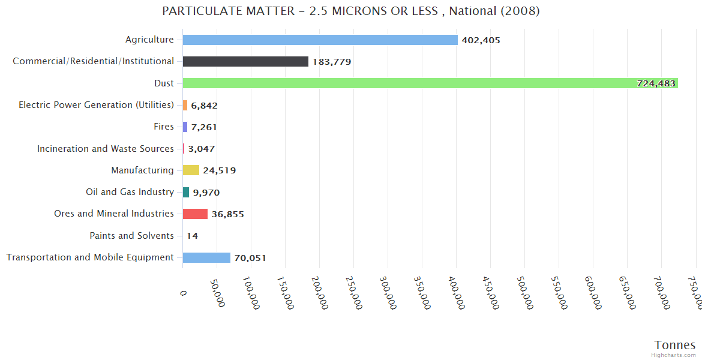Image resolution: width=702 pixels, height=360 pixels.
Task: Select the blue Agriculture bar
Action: click(320, 40)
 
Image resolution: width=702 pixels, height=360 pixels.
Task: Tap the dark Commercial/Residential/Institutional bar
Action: click(245, 62)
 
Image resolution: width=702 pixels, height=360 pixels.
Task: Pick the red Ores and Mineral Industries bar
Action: click(195, 214)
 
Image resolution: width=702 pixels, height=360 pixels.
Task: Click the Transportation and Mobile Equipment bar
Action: click(206, 257)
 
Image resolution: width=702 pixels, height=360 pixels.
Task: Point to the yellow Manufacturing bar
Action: click(191, 170)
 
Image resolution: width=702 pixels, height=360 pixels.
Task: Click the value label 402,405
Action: click(481, 40)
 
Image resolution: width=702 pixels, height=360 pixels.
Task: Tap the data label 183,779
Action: click(332, 62)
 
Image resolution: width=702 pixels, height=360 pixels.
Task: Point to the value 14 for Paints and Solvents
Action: click(192, 236)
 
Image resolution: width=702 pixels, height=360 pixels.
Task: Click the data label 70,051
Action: click(250, 258)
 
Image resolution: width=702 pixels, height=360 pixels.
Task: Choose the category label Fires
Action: click(164, 127)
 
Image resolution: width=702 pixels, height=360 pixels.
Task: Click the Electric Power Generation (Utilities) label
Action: click(96, 105)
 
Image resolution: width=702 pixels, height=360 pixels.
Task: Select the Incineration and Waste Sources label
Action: click(105, 149)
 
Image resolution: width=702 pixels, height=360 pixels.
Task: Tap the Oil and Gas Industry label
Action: click(130, 192)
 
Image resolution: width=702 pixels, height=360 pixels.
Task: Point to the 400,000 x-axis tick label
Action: click(455, 293)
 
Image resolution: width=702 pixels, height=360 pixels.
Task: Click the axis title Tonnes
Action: click(675, 345)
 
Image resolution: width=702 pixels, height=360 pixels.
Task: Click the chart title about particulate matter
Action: click(351, 11)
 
